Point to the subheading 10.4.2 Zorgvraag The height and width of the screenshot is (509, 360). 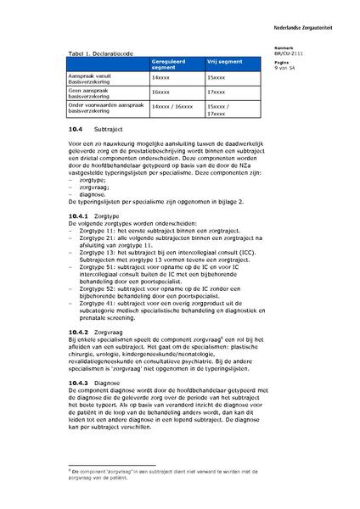point(94,331)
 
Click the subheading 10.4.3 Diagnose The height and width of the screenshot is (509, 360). point(93,383)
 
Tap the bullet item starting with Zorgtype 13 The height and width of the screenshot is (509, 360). point(161,255)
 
